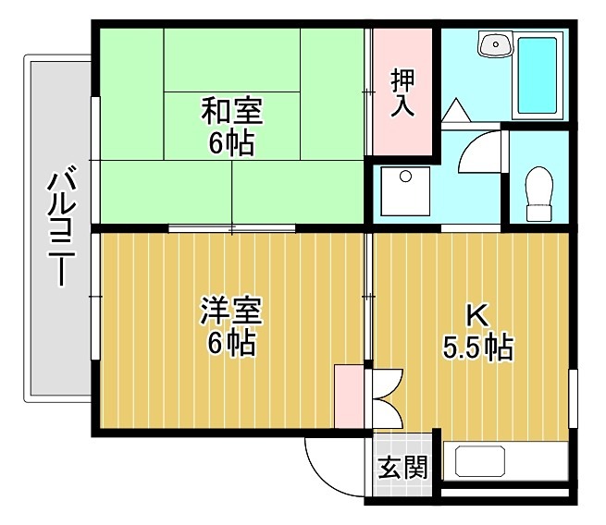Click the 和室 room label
tap(232, 112)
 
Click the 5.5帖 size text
tap(477, 348)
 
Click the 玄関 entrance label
tap(402, 468)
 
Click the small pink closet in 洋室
tap(350, 396)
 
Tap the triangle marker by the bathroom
tap(456, 111)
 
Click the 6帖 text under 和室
tap(231, 144)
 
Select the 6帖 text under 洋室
tap(231, 343)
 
